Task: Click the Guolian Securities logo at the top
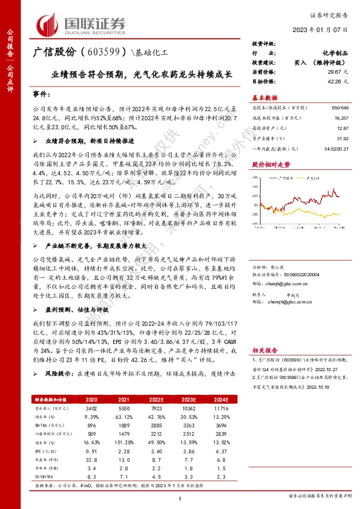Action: pyautogui.click(x=82, y=24)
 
